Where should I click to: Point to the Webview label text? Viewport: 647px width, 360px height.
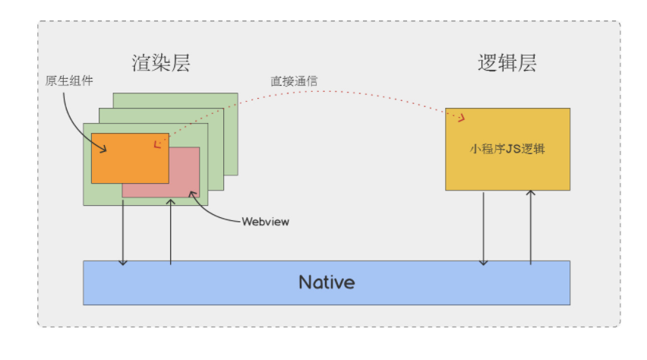coord(265,222)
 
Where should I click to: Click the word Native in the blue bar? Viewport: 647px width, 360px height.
coord(327,283)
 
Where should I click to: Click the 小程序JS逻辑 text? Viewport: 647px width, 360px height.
coord(507,150)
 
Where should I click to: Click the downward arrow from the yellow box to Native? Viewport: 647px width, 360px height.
coord(484,228)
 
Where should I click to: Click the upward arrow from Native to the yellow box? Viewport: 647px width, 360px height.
coord(531,228)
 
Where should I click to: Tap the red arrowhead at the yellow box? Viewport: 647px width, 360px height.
coord(461,118)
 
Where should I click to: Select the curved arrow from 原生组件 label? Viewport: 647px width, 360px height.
coord(73,114)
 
